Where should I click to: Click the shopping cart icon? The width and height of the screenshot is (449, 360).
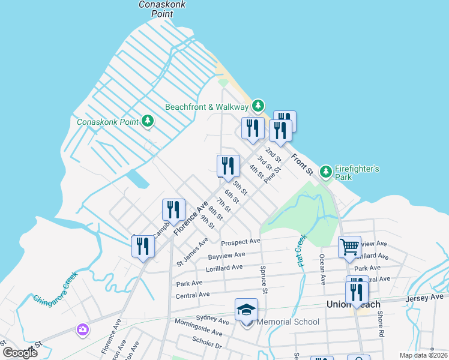click(x=349, y=247)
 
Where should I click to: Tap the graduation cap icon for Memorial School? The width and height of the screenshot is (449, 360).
click(x=246, y=310)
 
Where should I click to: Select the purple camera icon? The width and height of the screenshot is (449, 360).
click(x=83, y=329)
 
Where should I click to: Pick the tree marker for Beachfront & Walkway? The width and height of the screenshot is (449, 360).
click(x=258, y=106)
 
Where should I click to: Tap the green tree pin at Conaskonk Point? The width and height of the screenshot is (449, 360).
click(x=148, y=122)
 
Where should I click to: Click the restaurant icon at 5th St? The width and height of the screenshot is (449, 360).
click(x=228, y=166)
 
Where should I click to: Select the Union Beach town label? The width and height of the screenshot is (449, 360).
click(x=354, y=305)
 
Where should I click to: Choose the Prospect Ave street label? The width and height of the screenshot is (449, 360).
click(x=241, y=242)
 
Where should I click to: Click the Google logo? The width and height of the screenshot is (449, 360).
click(x=20, y=353)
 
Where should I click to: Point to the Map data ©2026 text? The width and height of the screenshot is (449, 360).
click(x=423, y=355)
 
